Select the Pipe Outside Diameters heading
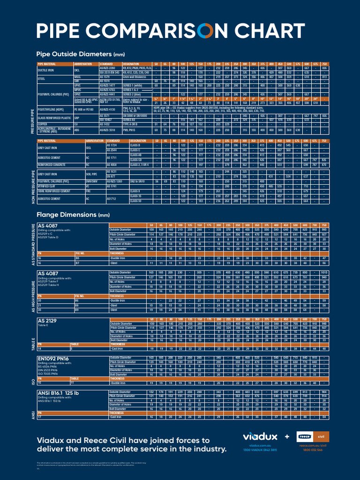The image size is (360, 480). coord(80,53)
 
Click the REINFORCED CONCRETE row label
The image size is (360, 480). coord(54,165)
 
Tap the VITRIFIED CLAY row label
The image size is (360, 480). coord(49,186)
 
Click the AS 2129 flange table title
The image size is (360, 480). coord(48,321)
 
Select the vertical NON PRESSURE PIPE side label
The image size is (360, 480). coord(33,187)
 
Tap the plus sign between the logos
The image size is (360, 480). coord(287,436)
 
